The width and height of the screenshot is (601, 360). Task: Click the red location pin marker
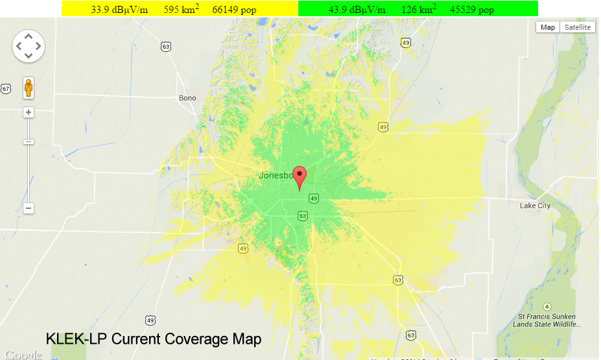coord(300,176)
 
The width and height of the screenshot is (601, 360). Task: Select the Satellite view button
coord(578,27)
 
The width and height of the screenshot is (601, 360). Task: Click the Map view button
coord(548,27)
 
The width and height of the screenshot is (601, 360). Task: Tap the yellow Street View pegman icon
coord(29,88)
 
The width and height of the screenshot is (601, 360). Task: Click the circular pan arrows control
coord(29,46)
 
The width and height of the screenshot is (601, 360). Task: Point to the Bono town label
coord(187,98)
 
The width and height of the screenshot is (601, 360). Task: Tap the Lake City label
coord(535,206)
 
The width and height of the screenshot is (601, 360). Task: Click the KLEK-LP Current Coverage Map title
coord(154,339)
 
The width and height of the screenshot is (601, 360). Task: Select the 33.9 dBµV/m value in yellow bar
coord(119,10)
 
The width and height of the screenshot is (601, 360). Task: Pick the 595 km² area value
coord(182,10)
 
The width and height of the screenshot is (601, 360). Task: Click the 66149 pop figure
coord(234,10)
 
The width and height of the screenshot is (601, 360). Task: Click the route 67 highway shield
coord(6,88)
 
